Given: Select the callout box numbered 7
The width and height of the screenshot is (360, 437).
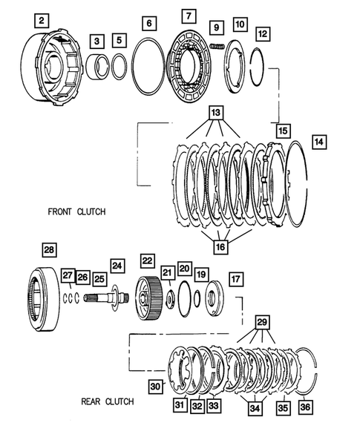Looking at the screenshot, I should coord(188,16).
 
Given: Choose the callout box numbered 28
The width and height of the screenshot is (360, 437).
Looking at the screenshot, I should coord(49,250).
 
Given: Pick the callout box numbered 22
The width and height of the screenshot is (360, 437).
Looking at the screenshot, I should coord(148,260).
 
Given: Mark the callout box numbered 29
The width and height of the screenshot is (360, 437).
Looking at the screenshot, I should coord(262,323).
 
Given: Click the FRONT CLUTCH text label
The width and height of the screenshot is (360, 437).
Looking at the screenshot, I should coord(76,211).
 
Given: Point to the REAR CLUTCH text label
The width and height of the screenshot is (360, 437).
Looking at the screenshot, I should coord(108,402).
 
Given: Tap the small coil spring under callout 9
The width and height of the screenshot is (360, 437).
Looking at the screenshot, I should coord(217,47).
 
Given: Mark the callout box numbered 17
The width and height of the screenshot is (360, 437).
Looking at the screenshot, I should coord(235,280).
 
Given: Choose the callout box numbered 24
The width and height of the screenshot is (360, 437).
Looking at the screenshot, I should coord(117,264).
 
